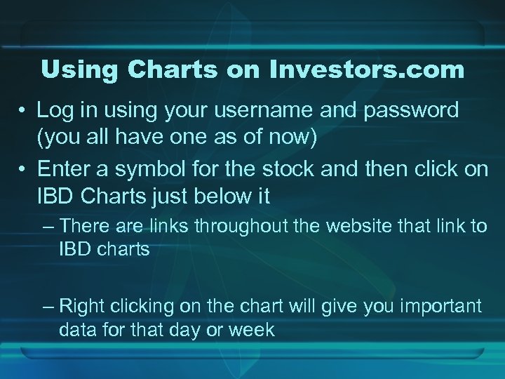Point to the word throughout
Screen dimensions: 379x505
pos(270,227)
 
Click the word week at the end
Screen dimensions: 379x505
pos(251,329)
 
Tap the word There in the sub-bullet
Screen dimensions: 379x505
pos(81,227)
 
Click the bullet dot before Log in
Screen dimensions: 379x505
pos(24,112)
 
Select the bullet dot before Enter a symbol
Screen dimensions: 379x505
pos(24,171)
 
